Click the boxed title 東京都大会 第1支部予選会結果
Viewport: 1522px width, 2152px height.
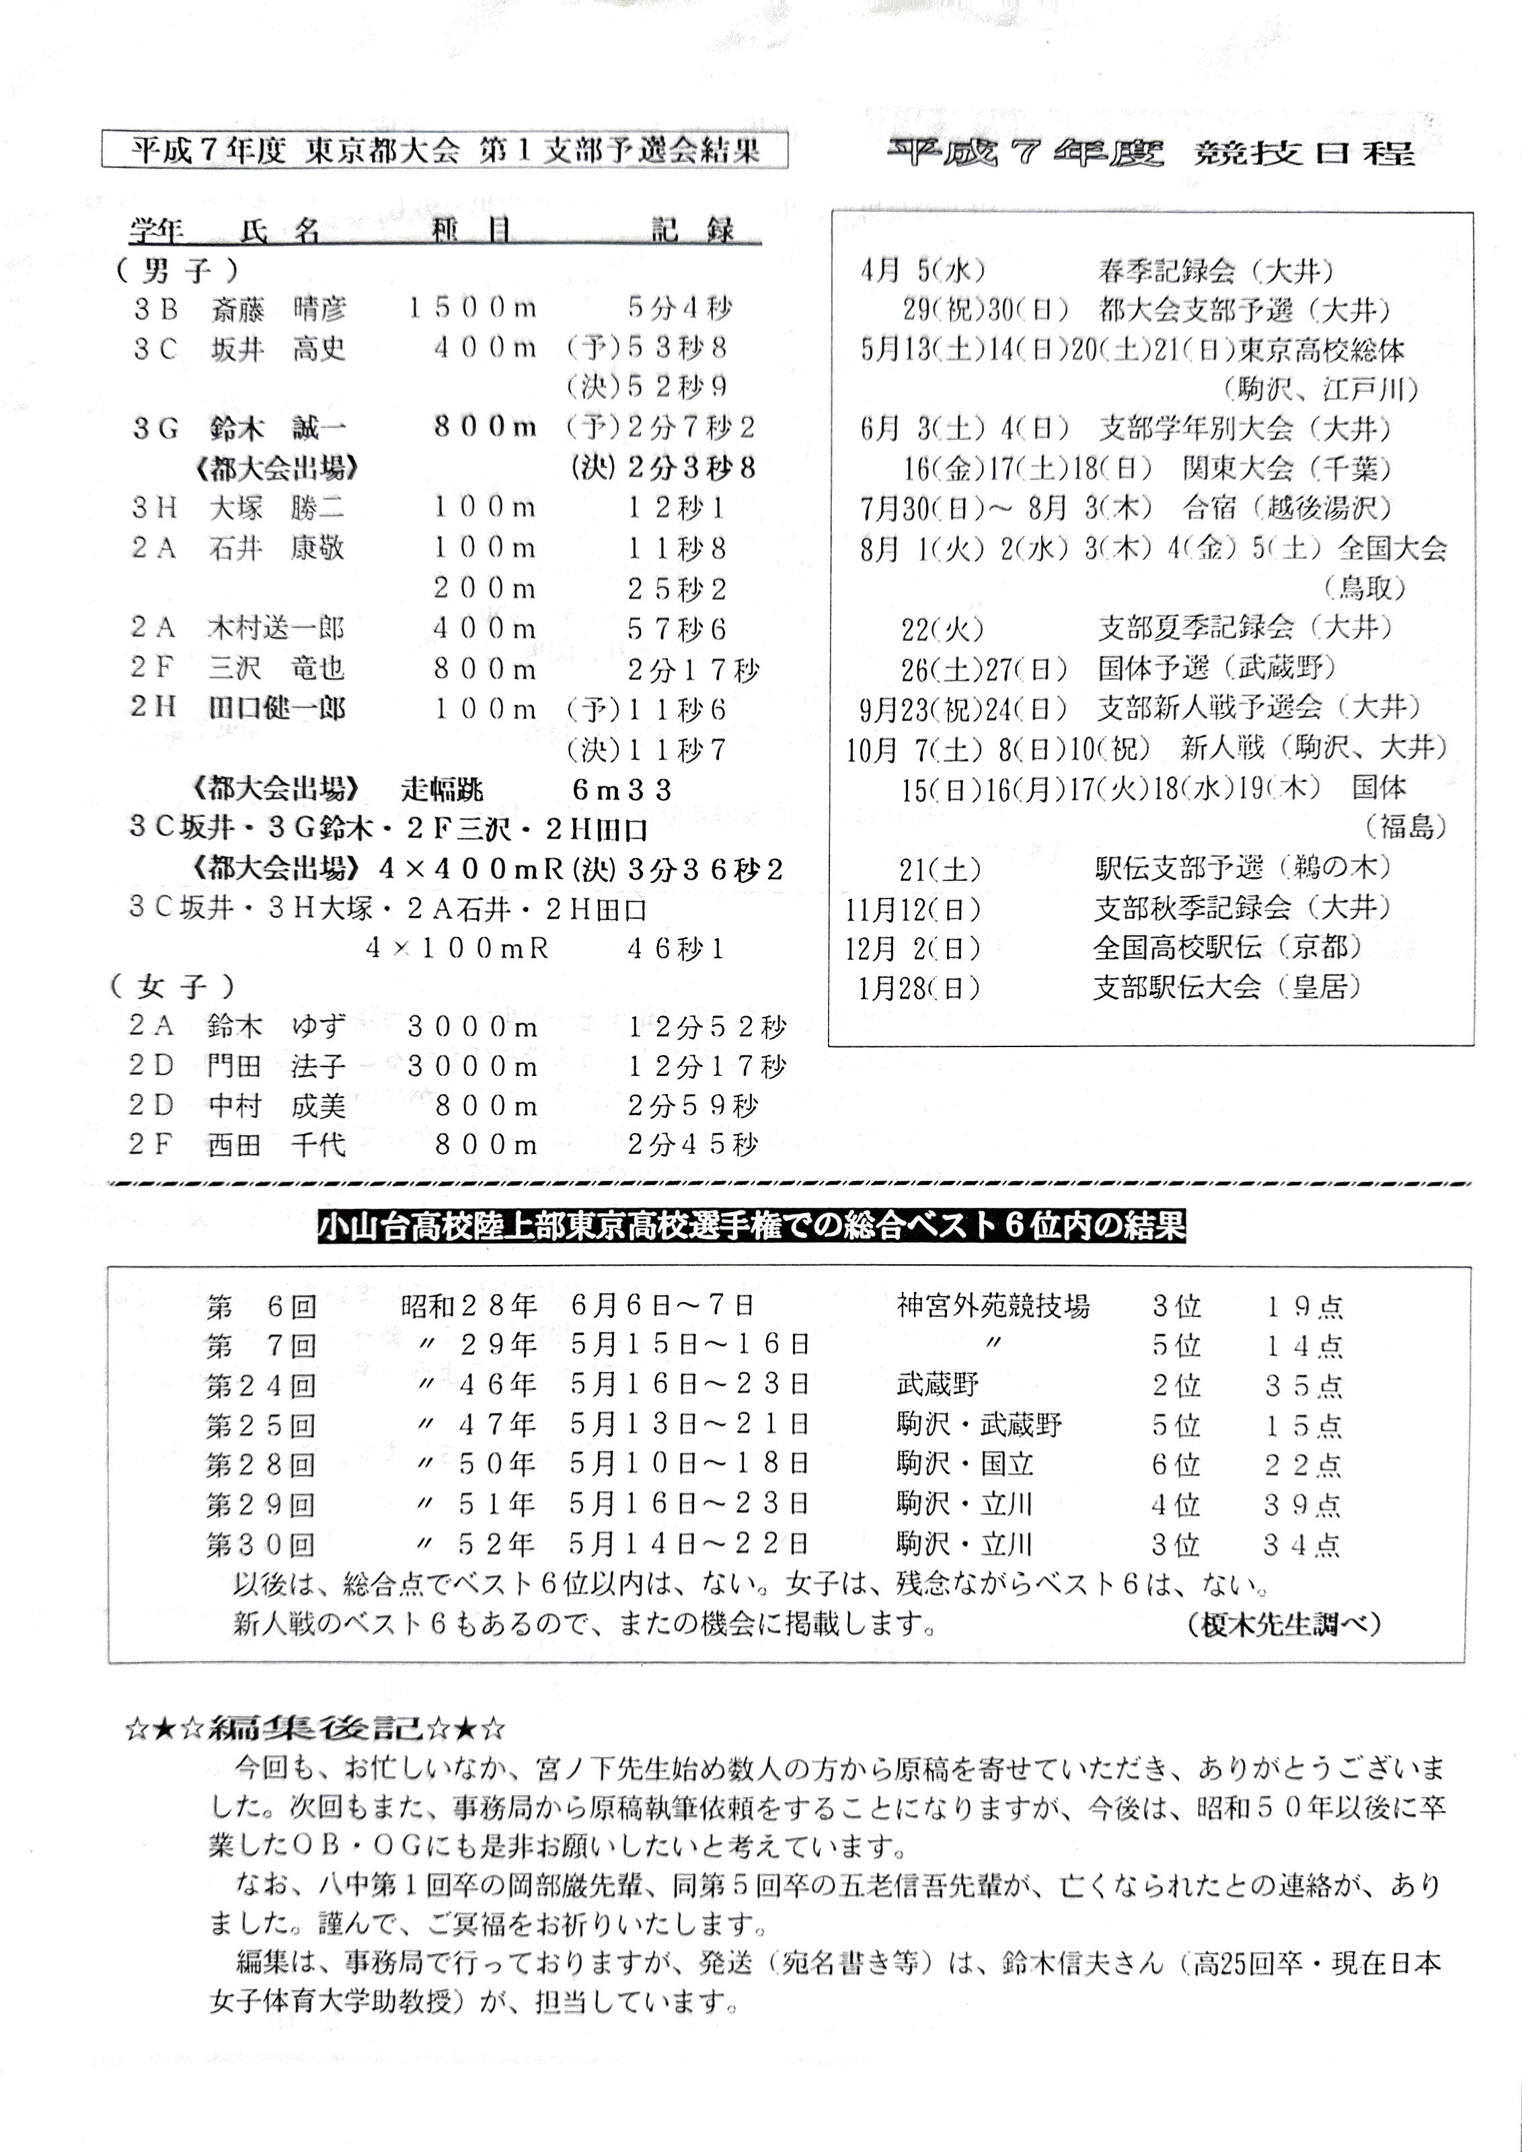(445, 150)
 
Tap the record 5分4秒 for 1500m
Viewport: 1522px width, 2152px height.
(679, 307)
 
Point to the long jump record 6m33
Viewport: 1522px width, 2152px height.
(622, 790)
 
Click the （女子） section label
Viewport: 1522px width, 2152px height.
(172, 986)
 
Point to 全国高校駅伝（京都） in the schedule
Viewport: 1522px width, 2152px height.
(1227, 948)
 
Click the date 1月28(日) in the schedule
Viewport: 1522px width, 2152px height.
(919, 988)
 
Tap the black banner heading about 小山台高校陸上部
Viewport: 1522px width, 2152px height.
(752, 1226)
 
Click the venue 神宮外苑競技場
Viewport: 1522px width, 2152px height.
(993, 1305)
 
